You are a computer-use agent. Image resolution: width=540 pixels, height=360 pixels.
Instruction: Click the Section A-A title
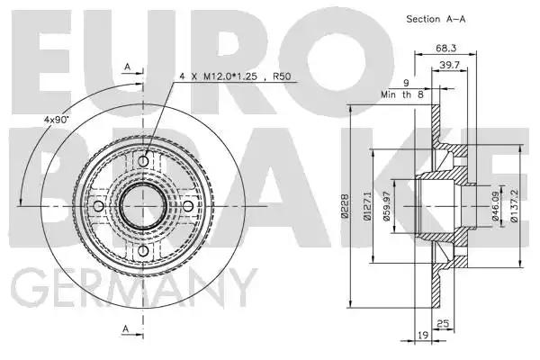tap(436, 19)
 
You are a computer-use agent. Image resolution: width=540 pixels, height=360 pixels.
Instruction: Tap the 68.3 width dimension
tap(446, 48)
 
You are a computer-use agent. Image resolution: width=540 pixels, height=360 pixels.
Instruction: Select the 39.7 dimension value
tap(449, 65)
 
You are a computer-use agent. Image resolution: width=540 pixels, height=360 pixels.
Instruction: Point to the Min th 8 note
tap(402, 94)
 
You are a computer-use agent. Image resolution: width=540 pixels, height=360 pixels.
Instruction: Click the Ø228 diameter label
tap(345, 206)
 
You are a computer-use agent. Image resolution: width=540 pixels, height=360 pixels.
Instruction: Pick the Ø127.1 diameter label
tap(367, 206)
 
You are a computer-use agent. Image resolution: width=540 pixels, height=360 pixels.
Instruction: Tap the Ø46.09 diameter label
tap(495, 206)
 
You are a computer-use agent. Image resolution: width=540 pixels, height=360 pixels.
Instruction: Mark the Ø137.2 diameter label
tap(514, 206)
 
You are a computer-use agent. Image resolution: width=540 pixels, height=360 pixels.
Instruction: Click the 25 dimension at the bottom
tap(443, 323)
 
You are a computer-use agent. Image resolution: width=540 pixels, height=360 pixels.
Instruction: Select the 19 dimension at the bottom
tap(423, 335)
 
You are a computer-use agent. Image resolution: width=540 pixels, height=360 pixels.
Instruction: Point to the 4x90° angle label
tap(56, 120)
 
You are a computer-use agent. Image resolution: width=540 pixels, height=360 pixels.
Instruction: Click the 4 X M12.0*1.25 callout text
tap(219, 76)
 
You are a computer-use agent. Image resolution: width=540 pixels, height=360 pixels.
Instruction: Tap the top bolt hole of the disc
tap(143, 161)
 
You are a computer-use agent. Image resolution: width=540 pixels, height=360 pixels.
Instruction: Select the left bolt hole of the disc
tap(98, 206)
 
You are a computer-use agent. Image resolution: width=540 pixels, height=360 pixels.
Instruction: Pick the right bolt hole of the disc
tap(188, 206)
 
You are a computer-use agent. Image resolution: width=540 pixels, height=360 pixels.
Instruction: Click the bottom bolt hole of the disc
tap(143, 251)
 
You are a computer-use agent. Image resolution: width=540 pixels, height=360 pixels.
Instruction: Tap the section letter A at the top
tap(128, 67)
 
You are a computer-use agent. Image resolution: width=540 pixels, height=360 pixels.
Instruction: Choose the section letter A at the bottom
tap(126, 328)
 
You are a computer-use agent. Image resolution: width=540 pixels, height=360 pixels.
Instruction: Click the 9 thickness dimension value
tap(407, 83)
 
